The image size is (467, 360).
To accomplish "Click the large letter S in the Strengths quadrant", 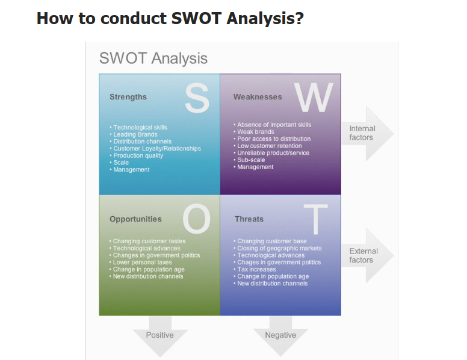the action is click(197, 98).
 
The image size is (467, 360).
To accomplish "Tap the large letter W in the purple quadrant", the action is click(314, 97).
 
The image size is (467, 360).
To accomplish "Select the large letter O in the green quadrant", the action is click(197, 219).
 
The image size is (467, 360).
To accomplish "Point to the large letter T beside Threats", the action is click(316, 219).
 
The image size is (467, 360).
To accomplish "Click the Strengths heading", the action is click(128, 97).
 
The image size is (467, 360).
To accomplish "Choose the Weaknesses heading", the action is click(258, 97).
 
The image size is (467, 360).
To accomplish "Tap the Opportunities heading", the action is click(135, 219).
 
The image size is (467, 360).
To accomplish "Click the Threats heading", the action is click(249, 219).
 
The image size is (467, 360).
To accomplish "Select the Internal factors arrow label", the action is click(362, 133).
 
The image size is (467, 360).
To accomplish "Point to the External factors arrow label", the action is click(363, 255).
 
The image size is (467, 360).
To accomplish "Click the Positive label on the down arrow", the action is click(159, 335).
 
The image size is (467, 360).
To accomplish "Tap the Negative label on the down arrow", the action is click(280, 335).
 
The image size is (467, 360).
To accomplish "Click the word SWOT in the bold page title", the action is click(196, 18).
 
